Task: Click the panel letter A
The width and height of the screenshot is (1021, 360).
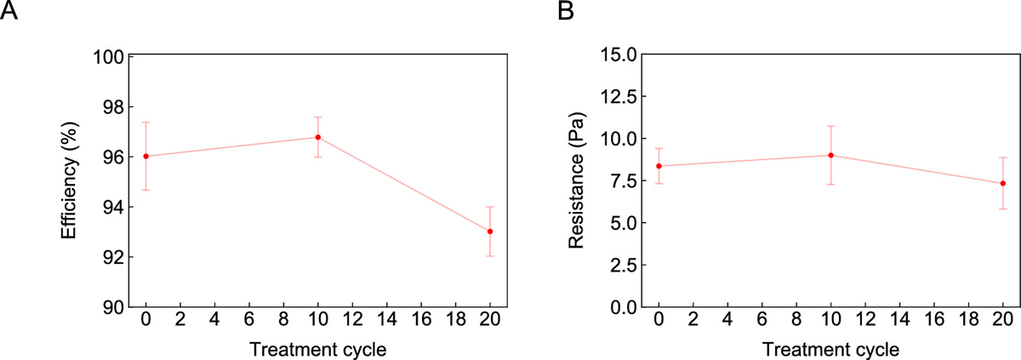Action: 9,13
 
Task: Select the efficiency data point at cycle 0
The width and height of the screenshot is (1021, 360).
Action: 146,156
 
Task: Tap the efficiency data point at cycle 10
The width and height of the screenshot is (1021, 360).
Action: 318,137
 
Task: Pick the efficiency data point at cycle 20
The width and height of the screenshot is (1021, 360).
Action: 490,231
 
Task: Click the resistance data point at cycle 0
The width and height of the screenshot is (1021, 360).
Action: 659,166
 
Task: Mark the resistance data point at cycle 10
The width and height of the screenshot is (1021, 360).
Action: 830,155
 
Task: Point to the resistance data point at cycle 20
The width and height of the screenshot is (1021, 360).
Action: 1002,183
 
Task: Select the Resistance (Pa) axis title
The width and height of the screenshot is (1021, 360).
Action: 577,181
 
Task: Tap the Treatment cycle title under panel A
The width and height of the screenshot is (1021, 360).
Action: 318,349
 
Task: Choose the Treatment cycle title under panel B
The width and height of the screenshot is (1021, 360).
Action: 830,349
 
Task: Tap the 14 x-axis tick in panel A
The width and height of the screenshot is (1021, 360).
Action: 387,322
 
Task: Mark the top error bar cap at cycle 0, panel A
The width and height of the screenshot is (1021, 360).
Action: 146,123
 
